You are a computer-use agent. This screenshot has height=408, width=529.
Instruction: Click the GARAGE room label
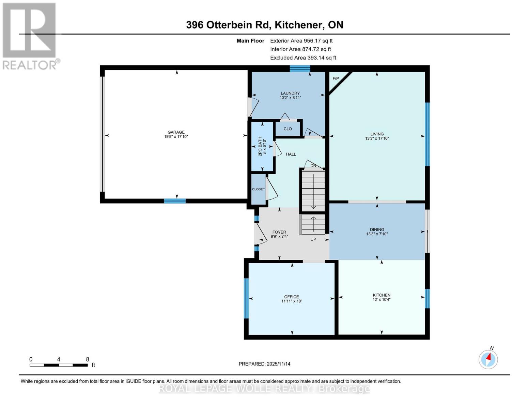176,132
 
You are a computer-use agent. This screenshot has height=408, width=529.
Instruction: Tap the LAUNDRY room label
290,93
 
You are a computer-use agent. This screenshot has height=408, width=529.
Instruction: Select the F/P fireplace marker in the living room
336,78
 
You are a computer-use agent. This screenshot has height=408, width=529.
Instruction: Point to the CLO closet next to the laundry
287,129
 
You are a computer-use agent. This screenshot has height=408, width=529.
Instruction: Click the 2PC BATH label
260,146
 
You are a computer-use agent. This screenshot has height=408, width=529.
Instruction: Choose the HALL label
291,154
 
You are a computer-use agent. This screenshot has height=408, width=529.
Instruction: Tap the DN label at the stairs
313,166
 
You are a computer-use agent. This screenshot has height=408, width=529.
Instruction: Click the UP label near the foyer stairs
313,239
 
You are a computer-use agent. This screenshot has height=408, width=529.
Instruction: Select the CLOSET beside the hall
258,189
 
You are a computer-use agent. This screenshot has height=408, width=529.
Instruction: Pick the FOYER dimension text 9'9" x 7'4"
279,236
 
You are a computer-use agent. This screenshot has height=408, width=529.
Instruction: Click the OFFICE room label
291,297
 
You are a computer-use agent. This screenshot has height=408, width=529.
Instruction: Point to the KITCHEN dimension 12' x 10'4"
382,300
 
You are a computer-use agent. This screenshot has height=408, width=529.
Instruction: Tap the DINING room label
377,230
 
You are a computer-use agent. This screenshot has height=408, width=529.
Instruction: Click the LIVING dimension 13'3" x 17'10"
377,138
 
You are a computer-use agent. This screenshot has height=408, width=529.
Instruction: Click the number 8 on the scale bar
88,359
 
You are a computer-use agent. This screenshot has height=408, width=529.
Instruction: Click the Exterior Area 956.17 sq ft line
301,41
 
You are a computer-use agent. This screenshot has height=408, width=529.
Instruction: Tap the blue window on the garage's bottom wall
175,201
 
